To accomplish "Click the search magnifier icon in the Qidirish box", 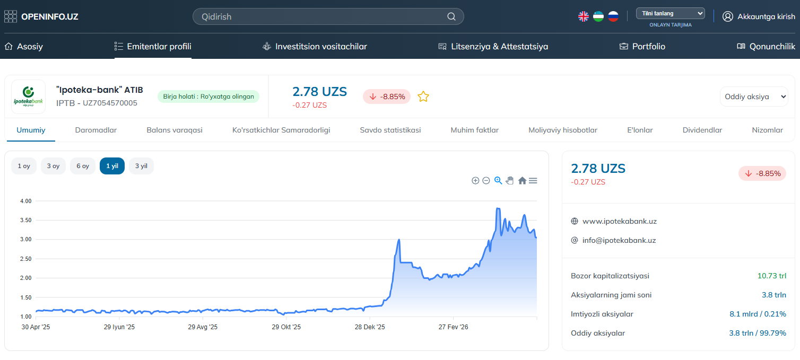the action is click(451, 17).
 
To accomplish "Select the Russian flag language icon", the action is click(613, 16).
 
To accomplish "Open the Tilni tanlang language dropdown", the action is click(671, 14).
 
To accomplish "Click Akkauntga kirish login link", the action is click(759, 16).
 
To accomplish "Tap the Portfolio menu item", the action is click(642, 46).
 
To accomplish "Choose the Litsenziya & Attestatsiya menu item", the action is click(493, 46).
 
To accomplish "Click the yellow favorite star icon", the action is click(423, 96).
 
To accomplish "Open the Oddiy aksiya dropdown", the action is click(754, 96).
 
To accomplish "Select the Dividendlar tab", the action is click(702, 130).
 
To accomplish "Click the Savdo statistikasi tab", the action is click(390, 130).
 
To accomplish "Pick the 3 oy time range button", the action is click(53, 166).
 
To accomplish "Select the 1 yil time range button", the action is click(112, 166).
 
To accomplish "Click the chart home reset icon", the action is click(522, 181).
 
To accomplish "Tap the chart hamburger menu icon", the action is click(533, 181).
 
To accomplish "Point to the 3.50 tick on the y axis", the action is click(25, 220).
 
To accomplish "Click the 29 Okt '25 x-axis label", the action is click(286, 327).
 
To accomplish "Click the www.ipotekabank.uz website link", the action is click(620, 221).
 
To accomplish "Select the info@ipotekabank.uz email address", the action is click(619, 241).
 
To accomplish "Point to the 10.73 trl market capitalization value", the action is click(772, 276).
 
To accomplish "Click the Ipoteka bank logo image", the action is click(28, 96).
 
